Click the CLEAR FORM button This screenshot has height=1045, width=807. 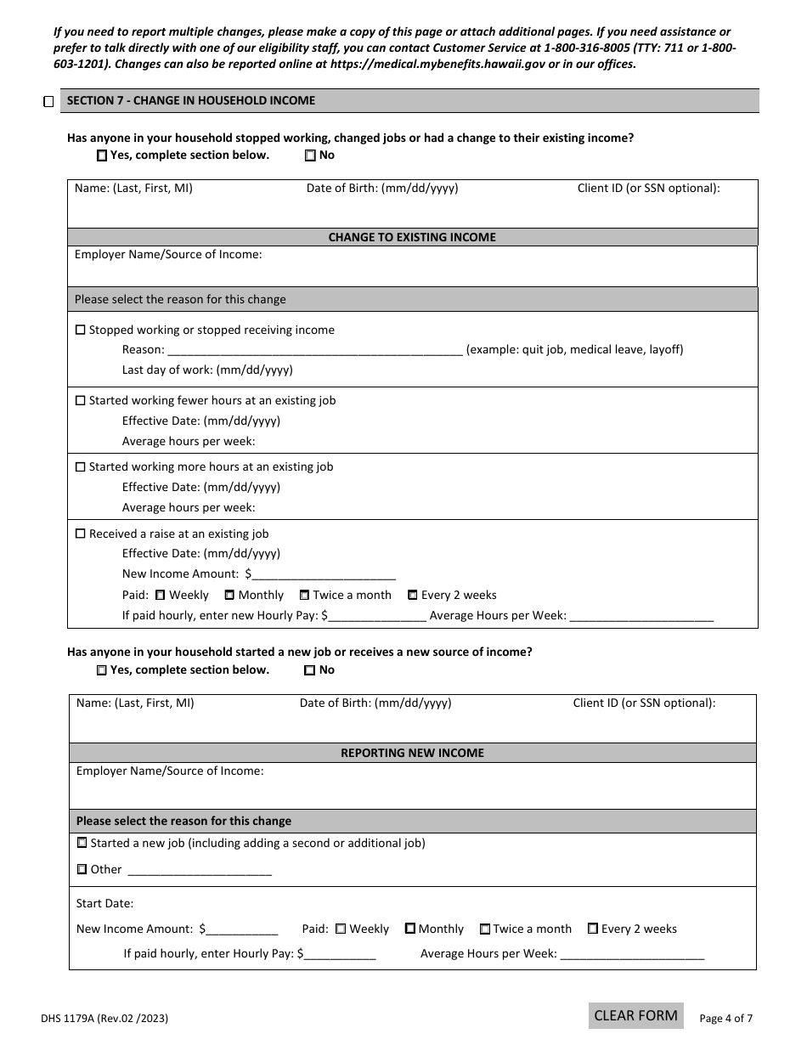[x=635, y=1015]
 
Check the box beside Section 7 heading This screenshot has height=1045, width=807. [x=48, y=102]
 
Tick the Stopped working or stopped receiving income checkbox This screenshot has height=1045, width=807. [x=81, y=330]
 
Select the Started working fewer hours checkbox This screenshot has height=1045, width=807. [x=81, y=401]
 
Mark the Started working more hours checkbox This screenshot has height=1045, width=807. [x=81, y=467]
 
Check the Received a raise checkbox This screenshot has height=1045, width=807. [x=81, y=534]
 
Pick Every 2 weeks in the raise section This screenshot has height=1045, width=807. [x=413, y=596]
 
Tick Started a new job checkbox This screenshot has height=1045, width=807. [x=82, y=844]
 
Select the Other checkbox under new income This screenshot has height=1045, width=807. [x=82, y=870]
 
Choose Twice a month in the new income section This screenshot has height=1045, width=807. [x=485, y=929]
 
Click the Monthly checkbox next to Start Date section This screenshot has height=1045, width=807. [x=409, y=929]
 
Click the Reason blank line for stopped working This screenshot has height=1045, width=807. [x=314, y=350]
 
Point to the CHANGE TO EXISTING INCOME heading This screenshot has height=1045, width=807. [x=412, y=238]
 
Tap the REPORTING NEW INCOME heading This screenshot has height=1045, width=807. [x=412, y=754]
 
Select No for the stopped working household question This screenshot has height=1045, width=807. [x=310, y=155]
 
